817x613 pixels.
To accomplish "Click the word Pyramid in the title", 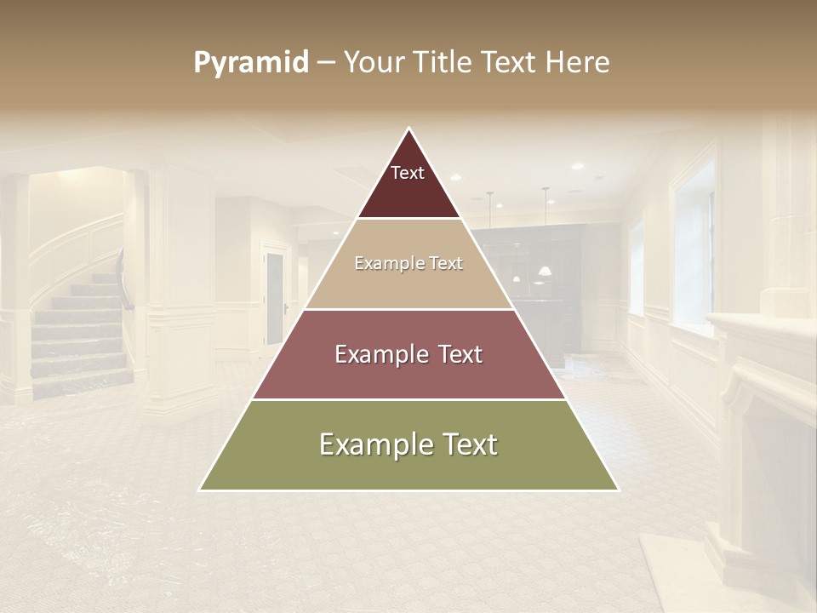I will [250, 63].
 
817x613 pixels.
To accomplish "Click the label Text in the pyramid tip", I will [408, 174].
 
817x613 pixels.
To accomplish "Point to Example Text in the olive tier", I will [408, 444].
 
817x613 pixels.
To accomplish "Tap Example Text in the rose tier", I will [408, 354].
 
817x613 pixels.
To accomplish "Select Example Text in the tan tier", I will [408, 264].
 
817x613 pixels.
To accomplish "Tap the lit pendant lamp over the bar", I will [544, 270].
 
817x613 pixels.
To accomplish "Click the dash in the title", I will [326, 63].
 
